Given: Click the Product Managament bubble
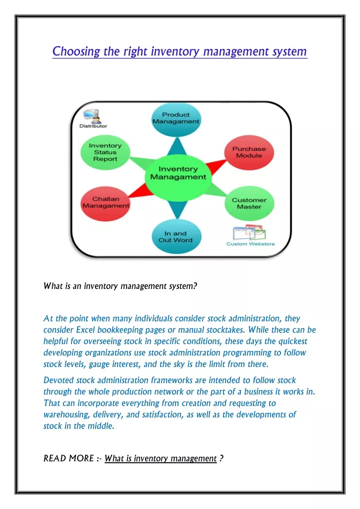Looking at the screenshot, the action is (x=176, y=119).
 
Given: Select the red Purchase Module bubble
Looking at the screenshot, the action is (x=249, y=152).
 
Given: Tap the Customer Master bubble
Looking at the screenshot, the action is (x=249, y=203).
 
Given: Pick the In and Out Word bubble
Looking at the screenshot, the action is (x=176, y=236).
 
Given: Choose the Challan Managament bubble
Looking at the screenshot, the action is (x=105, y=204).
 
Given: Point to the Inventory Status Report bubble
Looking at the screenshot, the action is (x=105, y=152).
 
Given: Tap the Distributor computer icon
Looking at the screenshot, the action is (x=91, y=115).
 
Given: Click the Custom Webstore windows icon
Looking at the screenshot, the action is (x=249, y=232).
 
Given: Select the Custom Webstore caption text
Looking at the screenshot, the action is (x=250, y=244).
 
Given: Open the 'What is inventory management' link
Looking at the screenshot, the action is (x=160, y=458).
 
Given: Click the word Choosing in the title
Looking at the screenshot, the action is (x=76, y=51).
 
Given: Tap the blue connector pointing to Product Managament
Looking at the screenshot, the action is (x=177, y=146).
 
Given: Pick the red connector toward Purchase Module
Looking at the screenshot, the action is (x=216, y=166).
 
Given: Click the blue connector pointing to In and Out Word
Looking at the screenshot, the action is (x=178, y=209).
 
